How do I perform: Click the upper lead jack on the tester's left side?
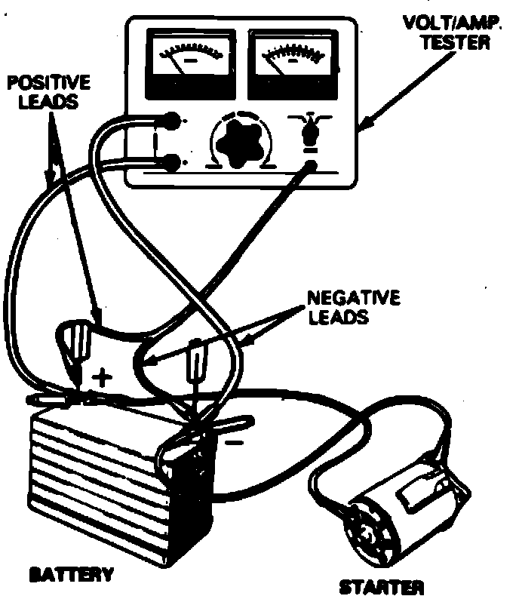point(172,121)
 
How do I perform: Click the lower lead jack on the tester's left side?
point(172,161)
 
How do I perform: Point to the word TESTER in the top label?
point(464,43)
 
